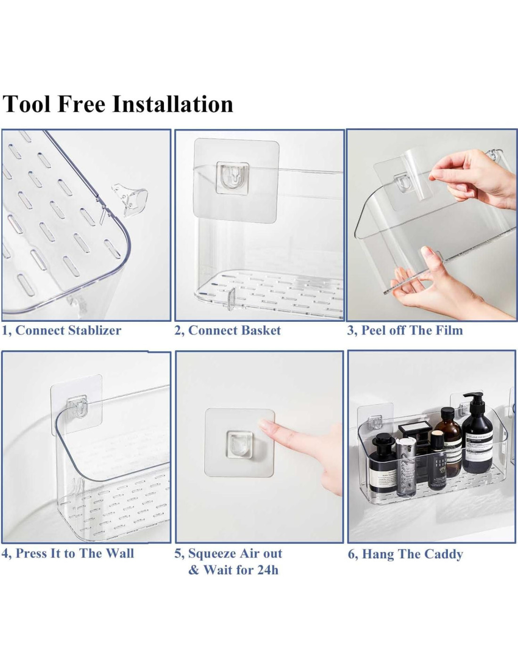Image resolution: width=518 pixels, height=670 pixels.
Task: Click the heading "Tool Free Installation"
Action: pyautogui.click(x=117, y=104)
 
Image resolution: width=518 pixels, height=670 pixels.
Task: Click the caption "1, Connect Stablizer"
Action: pyautogui.click(x=62, y=331)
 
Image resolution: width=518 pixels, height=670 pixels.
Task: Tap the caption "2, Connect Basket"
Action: pyautogui.click(x=228, y=331)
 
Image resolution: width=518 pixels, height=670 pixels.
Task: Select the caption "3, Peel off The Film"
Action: pyautogui.click(x=405, y=330)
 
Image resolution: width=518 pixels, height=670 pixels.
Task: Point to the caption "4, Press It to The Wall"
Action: pyautogui.click(x=68, y=553)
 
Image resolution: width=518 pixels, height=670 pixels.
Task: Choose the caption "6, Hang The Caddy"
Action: pyautogui.click(x=405, y=554)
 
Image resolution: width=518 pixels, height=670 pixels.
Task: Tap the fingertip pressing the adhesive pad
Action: pyautogui.click(x=265, y=426)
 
